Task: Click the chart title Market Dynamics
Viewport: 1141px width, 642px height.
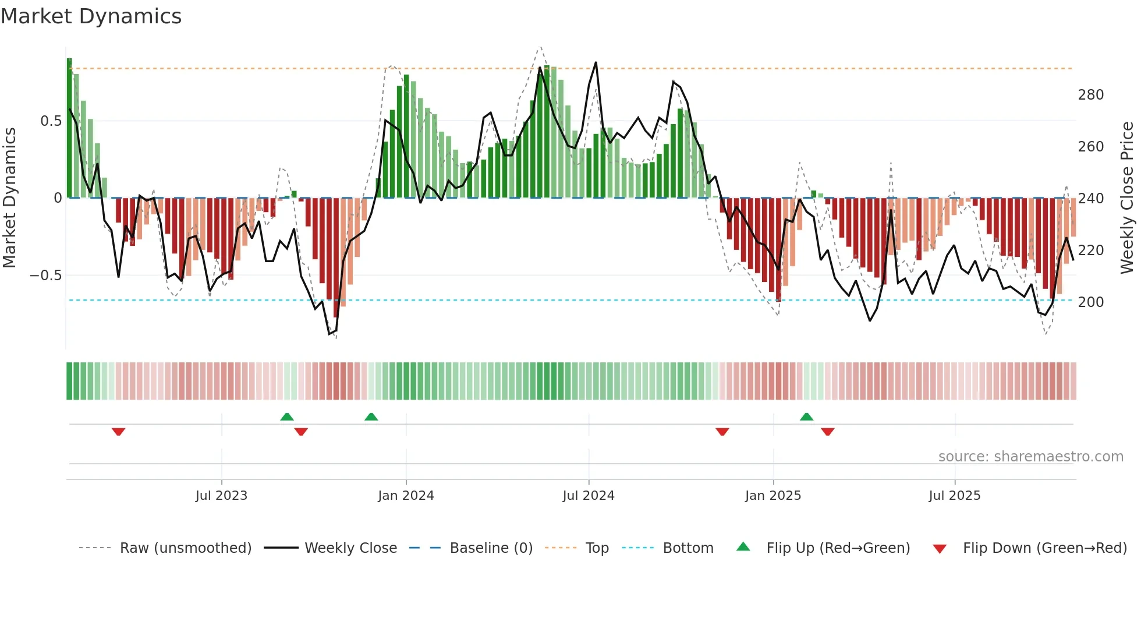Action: click(x=91, y=16)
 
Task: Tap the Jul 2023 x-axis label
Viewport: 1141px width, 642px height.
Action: click(x=221, y=496)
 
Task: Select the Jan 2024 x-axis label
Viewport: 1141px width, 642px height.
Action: click(x=406, y=496)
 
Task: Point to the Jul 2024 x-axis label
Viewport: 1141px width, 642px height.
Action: click(x=589, y=496)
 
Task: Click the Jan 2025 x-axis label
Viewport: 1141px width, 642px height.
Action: click(x=773, y=496)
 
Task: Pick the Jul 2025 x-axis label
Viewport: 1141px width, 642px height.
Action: click(x=955, y=496)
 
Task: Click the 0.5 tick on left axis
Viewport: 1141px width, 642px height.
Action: click(x=51, y=121)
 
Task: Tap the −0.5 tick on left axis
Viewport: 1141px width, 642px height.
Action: click(x=46, y=276)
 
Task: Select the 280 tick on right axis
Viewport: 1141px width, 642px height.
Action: click(x=1090, y=95)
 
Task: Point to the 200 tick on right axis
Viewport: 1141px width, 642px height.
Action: click(x=1090, y=302)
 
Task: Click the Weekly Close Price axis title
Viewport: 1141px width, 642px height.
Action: click(x=1127, y=198)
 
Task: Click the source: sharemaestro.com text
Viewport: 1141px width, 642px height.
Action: click(x=1030, y=457)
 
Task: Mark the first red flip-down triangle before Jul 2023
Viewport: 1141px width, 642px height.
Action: click(x=118, y=432)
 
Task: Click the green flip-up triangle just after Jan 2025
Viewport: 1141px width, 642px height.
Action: click(x=806, y=417)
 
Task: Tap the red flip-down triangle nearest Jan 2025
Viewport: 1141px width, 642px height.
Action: click(x=722, y=432)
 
